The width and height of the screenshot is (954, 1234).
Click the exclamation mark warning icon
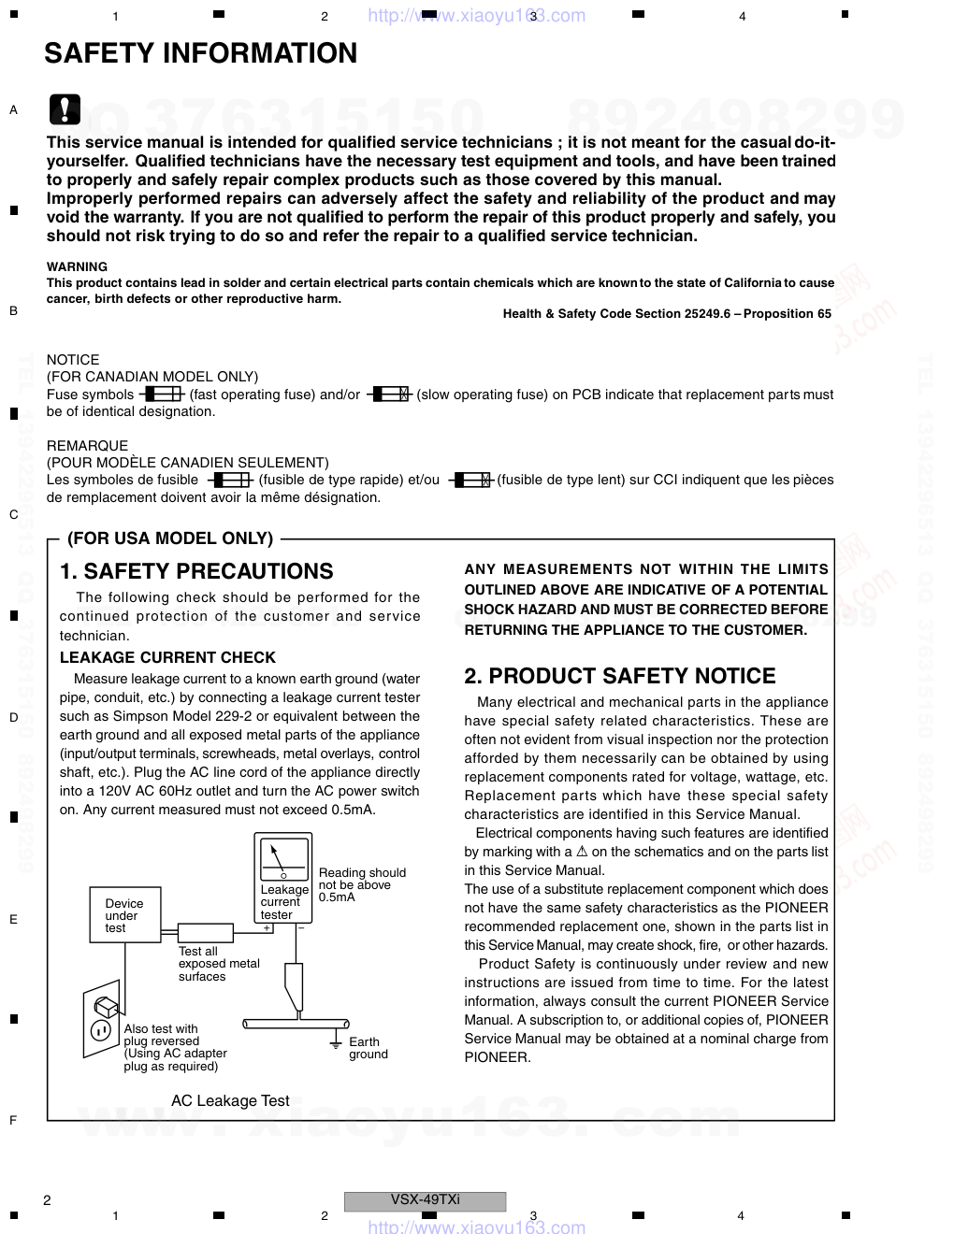[65, 109]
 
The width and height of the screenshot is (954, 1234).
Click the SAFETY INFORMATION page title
[200, 54]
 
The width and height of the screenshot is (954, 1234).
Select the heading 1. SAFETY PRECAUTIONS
[196, 571]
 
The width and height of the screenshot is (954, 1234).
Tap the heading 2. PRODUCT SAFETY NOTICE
[620, 676]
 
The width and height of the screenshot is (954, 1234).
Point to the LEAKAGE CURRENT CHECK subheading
[167, 657]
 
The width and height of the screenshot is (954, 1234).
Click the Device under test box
[125, 916]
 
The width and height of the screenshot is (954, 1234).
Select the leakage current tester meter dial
[283, 858]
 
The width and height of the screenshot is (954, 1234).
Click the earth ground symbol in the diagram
[335, 1042]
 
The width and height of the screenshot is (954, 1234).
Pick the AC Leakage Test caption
[230, 1100]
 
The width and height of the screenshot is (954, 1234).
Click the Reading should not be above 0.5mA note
[362, 884]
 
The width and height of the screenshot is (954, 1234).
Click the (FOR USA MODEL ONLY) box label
[170, 538]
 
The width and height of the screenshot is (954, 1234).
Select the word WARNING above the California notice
[77, 266]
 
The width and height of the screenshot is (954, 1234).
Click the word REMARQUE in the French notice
[87, 445]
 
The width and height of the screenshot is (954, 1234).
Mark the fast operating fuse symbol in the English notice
[163, 395]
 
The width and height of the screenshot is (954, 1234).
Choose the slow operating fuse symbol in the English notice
[389, 395]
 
